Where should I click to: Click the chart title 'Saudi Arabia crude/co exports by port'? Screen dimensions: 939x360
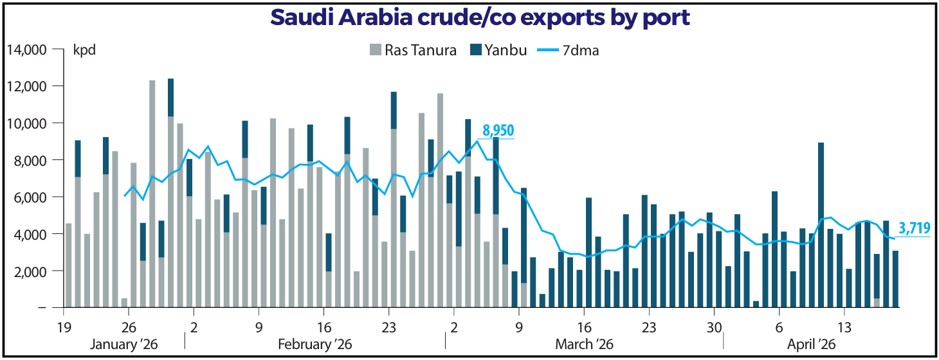click(480, 17)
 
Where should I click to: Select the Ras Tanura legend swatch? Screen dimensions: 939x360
click(375, 50)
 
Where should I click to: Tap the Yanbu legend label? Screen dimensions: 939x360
click(506, 50)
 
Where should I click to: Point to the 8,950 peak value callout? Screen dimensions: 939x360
click(498, 130)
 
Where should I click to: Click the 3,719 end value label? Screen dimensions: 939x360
click(915, 228)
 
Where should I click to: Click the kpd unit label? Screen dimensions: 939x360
click(84, 50)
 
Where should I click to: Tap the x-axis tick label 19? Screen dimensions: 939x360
click(64, 327)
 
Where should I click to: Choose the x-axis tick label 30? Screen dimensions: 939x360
click(715, 327)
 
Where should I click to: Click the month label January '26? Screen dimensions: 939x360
click(123, 344)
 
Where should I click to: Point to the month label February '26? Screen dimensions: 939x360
click(315, 344)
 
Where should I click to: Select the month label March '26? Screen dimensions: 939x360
click(585, 344)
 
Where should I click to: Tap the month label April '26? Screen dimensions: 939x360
click(811, 344)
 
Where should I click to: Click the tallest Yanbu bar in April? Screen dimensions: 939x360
click(821, 225)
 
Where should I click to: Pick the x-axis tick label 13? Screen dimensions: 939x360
click(844, 327)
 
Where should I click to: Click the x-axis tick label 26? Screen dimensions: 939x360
click(129, 327)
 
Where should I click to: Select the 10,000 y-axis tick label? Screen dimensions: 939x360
click(27, 123)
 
